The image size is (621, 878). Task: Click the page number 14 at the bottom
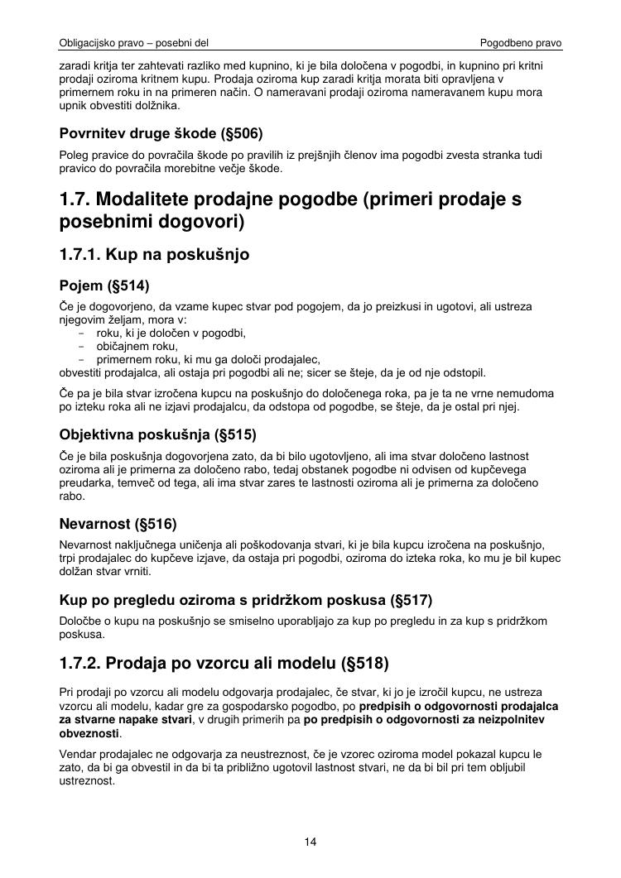[310, 842]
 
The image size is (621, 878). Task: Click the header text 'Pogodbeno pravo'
[521, 42]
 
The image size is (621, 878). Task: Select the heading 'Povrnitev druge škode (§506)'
[161, 133]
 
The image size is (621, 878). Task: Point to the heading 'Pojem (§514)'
[104, 286]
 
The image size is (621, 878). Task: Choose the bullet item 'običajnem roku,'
[137, 347]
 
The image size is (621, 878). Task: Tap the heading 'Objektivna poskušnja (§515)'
[158, 434]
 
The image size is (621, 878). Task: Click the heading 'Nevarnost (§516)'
[118, 524]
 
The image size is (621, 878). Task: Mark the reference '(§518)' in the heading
[364, 664]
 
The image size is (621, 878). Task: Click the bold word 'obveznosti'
[90, 733]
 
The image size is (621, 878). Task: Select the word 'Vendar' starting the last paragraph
[78, 754]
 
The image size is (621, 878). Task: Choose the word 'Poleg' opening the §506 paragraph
[74, 155]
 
